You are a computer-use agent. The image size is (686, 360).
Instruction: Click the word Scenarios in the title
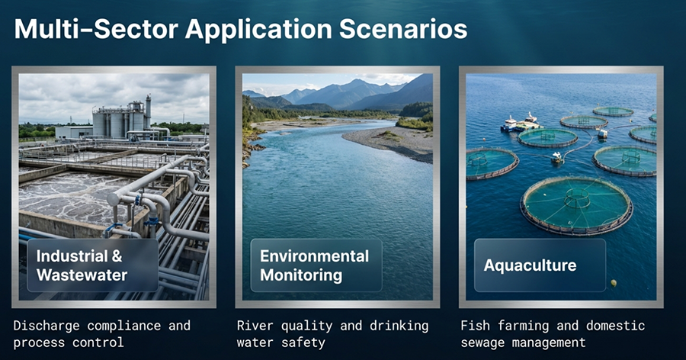(403, 29)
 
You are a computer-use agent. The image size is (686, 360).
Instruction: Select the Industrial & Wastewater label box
(93, 265)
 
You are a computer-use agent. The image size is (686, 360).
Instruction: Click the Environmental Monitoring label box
(316, 265)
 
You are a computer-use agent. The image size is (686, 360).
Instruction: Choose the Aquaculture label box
(540, 265)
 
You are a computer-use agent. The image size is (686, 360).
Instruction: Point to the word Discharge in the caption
(46, 326)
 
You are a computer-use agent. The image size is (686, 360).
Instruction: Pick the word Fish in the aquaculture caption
(475, 326)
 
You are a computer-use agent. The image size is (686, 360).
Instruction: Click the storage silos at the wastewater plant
(120, 117)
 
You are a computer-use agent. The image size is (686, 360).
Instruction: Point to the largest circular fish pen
(576, 205)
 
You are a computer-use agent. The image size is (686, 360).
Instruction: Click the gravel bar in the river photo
(390, 143)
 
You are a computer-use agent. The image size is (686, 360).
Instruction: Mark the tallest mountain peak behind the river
(357, 82)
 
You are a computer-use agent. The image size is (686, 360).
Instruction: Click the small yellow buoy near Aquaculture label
(614, 283)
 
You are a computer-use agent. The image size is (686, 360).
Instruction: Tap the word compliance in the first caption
(123, 326)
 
